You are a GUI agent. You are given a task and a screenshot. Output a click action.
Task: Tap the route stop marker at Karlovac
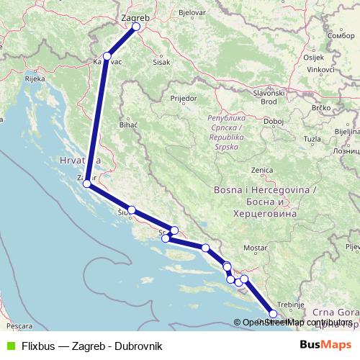(107, 55)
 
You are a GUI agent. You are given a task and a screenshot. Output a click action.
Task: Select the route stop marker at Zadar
(87, 184)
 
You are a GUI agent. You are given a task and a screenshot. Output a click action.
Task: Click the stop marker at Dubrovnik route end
(272, 314)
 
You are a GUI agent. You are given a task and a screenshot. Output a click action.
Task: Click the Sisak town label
(163, 61)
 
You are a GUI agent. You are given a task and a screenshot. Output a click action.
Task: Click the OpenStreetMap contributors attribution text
(294, 323)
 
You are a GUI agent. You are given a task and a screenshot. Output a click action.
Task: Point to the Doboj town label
(274, 121)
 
